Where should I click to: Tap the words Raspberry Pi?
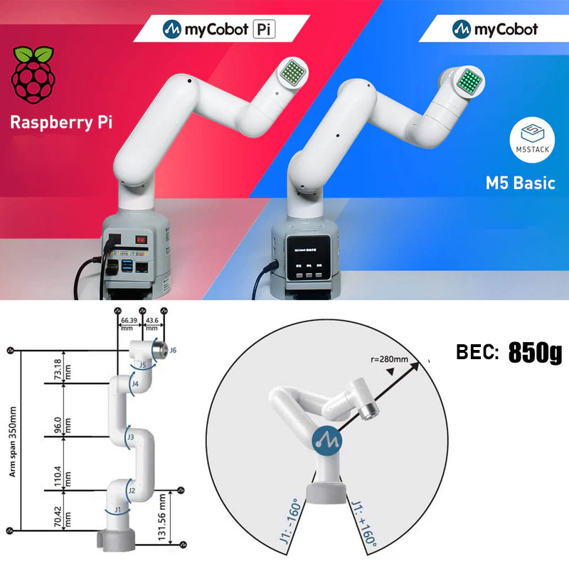click(61, 121)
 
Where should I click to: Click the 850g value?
click(535, 353)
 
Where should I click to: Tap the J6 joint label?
click(173, 350)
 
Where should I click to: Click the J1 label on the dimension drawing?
click(118, 509)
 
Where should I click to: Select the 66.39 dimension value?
click(128, 321)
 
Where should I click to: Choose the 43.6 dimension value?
click(152, 321)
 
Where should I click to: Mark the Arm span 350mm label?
click(14, 441)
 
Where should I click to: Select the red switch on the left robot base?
click(141, 240)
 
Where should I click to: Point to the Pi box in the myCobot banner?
click(263, 29)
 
